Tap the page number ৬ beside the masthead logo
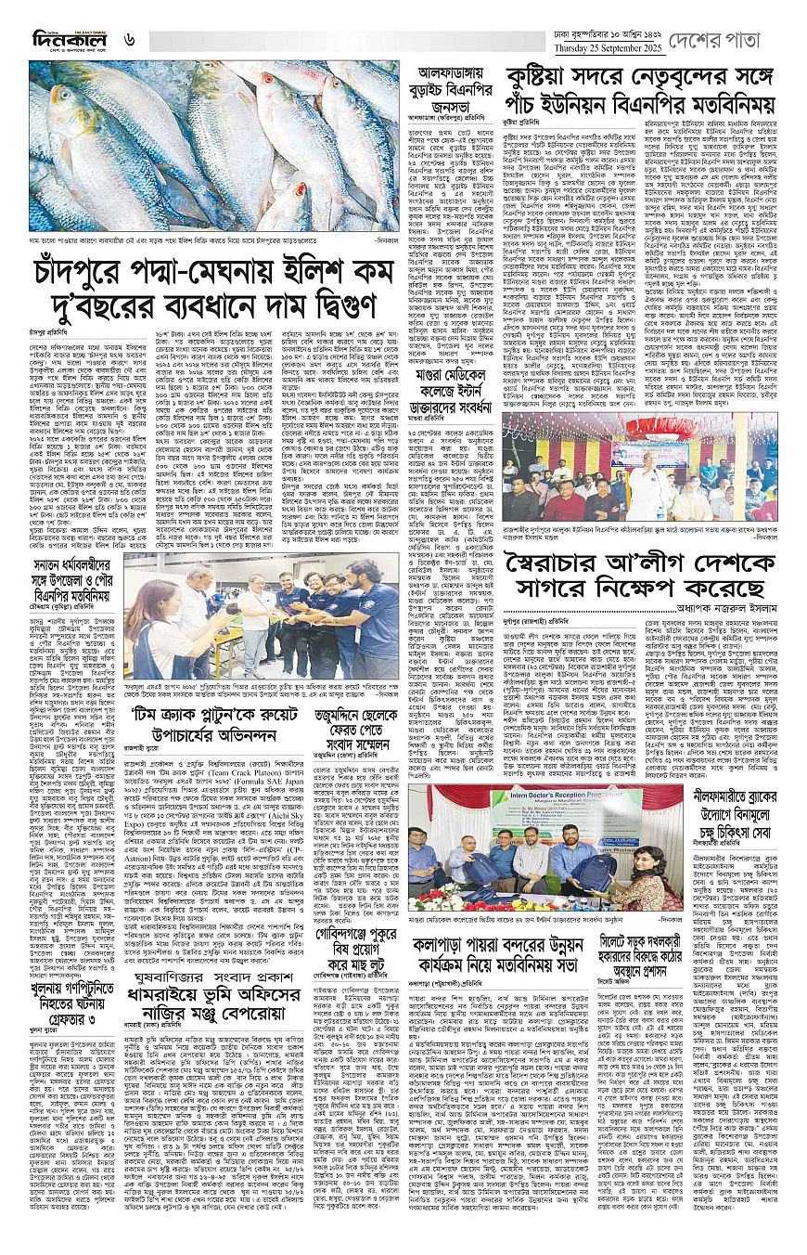coord(130,40)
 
